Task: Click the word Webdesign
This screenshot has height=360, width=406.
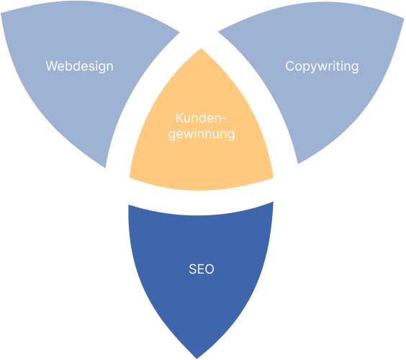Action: [79, 66]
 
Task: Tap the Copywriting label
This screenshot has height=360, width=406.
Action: [322, 66]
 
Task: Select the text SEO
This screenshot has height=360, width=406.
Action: [202, 269]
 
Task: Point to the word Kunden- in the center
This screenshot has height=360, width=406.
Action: [201, 118]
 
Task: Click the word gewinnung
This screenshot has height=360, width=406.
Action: [202, 135]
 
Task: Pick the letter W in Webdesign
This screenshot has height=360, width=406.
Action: [52, 66]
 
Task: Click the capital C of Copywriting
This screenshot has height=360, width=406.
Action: [289, 66]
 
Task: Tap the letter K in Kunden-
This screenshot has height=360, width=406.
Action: [179, 118]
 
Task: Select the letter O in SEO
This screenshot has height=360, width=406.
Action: [209, 269]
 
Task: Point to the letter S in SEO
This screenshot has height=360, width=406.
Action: [193, 269]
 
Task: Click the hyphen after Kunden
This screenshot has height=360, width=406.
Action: [224, 119]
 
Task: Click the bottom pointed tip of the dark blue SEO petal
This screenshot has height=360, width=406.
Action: [197, 359]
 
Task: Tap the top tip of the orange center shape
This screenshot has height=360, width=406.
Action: [201, 48]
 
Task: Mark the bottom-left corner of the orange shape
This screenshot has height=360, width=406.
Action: [130, 178]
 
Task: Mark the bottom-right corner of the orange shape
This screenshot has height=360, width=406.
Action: [274, 178]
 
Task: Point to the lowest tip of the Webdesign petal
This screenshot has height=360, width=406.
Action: [105, 168]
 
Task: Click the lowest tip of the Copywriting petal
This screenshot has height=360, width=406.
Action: [298, 163]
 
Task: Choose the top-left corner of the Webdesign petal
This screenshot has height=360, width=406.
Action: [1, 14]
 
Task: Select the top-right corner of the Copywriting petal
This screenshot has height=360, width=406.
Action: [404, 19]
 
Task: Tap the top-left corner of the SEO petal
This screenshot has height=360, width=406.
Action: [128, 205]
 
